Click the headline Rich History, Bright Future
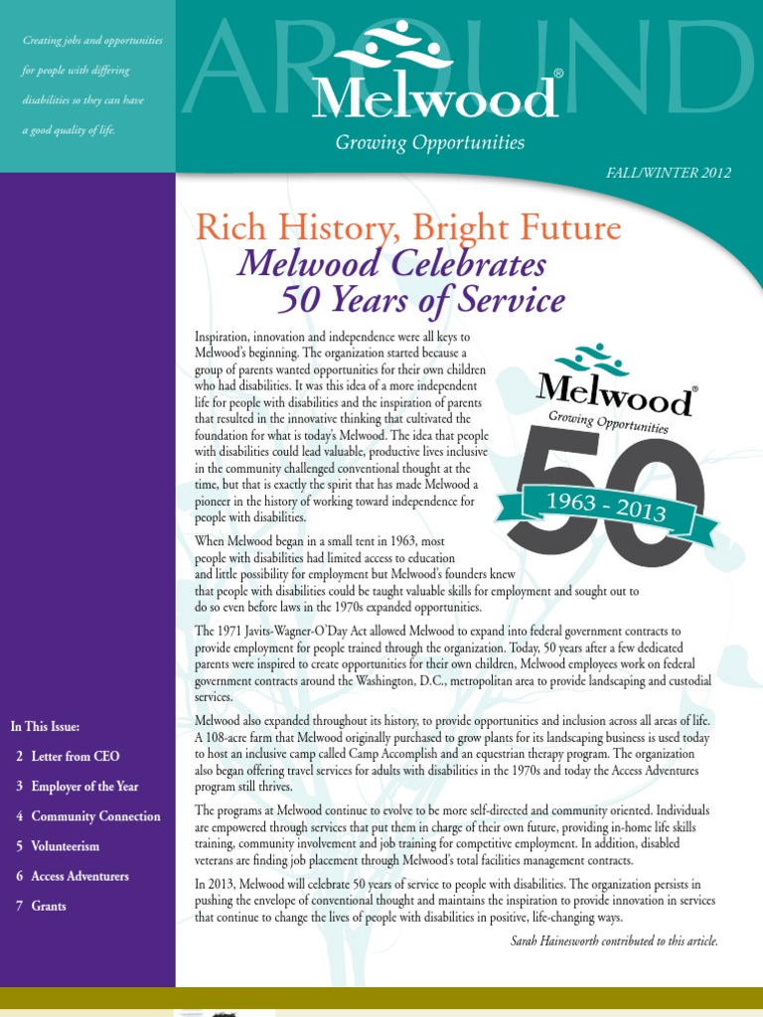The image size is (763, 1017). tap(408, 227)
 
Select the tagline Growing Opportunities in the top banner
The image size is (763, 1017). tap(429, 142)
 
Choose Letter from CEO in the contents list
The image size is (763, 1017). tap(75, 756)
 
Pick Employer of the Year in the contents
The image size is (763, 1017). tap(84, 786)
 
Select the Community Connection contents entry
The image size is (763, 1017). tap(95, 815)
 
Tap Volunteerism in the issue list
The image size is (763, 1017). tap(65, 846)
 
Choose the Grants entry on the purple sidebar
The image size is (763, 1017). tap(49, 906)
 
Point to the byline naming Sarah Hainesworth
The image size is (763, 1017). tap(613, 941)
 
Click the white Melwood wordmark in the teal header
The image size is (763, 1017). tap(434, 97)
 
